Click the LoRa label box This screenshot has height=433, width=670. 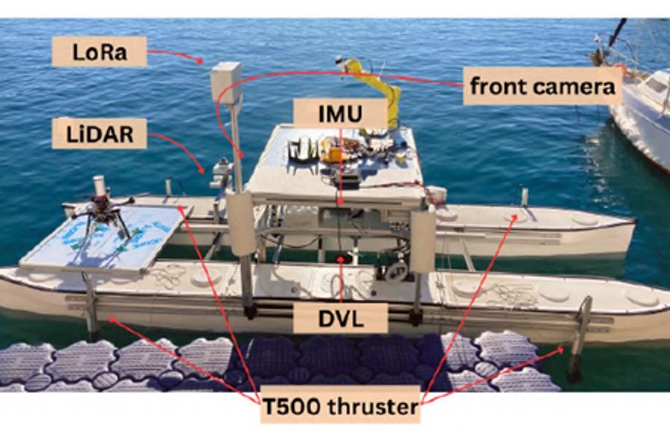click(99, 51)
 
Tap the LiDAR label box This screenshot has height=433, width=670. click(99, 134)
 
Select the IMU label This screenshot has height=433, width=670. click(340, 114)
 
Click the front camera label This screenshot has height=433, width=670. click(542, 86)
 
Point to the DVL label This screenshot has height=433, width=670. click(340, 318)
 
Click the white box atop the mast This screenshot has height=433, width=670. click(226, 83)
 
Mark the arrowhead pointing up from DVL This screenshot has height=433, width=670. click(340, 258)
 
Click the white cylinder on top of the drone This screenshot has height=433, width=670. click(99, 185)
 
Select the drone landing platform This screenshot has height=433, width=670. click(106, 237)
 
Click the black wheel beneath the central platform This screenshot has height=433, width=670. click(397, 270)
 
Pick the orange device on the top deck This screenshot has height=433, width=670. click(333, 153)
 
